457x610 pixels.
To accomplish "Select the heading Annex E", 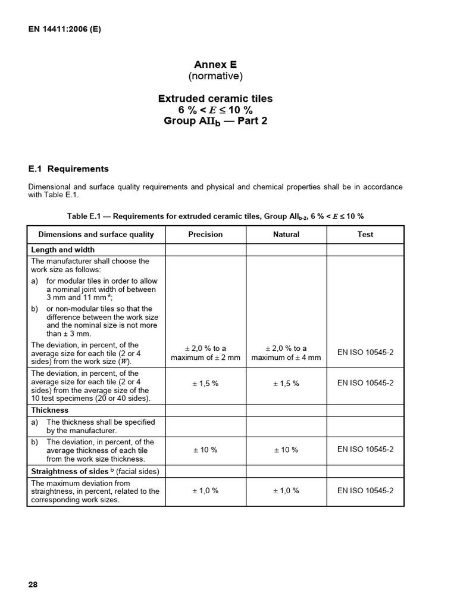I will (x=215, y=64).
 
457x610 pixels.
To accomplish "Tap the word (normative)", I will (x=215, y=76).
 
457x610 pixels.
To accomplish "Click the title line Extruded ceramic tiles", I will (x=215, y=98).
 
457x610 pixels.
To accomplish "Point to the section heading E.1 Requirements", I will (x=68, y=169).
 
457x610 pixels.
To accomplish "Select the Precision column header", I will (x=205, y=235).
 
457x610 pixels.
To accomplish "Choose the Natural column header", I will (x=286, y=235).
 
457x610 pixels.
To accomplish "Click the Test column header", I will (x=365, y=235).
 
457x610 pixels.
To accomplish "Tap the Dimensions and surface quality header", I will (x=96, y=235).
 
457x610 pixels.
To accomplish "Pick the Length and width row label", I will (x=62, y=250).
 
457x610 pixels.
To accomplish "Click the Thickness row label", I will (x=49, y=410).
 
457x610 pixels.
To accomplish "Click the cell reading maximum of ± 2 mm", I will (x=205, y=357).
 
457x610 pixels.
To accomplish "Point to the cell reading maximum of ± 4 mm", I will (x=286, y=357).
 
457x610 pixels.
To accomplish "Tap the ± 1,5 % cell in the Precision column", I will (x=205, y=383).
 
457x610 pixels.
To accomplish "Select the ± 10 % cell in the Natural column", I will (x=286, y=450).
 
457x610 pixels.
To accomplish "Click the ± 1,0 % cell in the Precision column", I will (x=205, y=491).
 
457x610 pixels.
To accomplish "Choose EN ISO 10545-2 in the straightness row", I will (x=365, y=491).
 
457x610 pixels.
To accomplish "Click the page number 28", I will (x=33, y=584).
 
